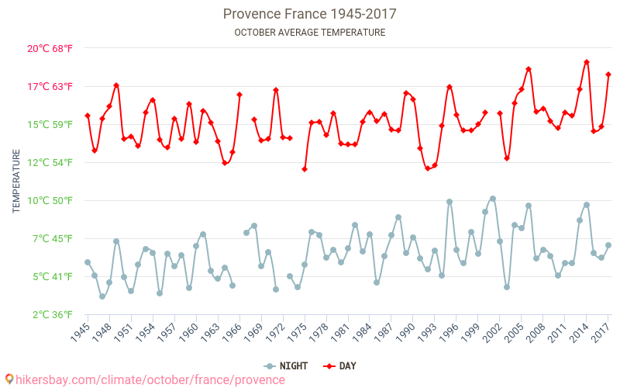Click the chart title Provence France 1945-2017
click(x=309, y=14)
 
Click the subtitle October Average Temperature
click(x=309, y=33)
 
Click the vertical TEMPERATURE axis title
click(x=16, y=182)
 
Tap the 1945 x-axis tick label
click(x=79, y=334)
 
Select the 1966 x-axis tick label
click(x=231, y=334)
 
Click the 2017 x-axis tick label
click(x=600, y=334)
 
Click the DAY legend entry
click(x=341, y=366)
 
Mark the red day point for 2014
click(x=587, y=62)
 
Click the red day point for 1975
click(x=305, y=169)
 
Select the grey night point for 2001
click(x=493, y=199)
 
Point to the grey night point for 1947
click(x=102, y=296)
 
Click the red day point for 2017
click(x=608, y=74)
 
